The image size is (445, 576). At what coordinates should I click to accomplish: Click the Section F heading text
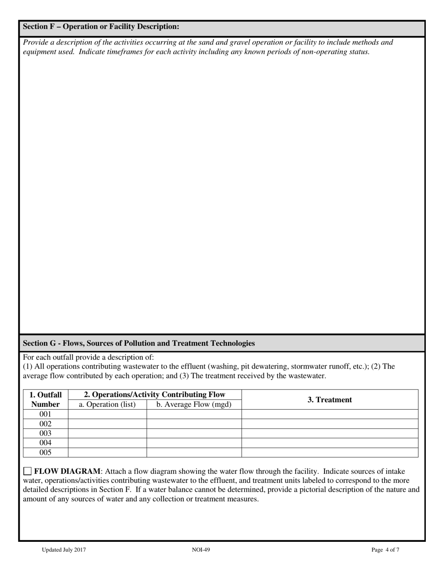pos(101,27)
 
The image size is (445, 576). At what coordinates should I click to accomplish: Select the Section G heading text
pos(139,343)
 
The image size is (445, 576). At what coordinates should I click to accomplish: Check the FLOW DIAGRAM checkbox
pos(27,471)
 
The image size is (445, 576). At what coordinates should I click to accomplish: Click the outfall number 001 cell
pos(45,414)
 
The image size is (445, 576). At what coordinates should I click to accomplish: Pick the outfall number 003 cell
pos(45,434)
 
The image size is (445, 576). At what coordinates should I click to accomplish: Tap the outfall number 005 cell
pos(45,453)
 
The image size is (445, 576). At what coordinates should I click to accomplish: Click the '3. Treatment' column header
pos(330,400)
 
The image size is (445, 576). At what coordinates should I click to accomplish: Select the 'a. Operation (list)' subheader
pos(107,405)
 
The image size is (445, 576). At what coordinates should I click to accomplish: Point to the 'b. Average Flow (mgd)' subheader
pos(194,405)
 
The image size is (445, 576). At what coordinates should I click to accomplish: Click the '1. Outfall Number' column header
pos(45,399)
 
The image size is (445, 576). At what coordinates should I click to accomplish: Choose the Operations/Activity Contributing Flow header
pos(155,395)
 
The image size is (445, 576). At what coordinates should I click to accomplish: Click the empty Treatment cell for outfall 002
pos(330,424)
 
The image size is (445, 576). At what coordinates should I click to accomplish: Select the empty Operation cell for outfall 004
pos(107,443)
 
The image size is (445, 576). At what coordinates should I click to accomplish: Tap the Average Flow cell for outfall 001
pos(194,414)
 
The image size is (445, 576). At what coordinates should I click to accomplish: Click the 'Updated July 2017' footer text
pos(64,550)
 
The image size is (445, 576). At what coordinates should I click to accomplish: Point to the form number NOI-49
pos(201,550)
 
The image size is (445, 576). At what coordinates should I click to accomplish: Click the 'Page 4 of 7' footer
pos(386,550)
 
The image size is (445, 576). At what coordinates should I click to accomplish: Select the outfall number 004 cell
pos(45,443)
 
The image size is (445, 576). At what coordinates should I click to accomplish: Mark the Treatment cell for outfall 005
pos(330,453)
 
